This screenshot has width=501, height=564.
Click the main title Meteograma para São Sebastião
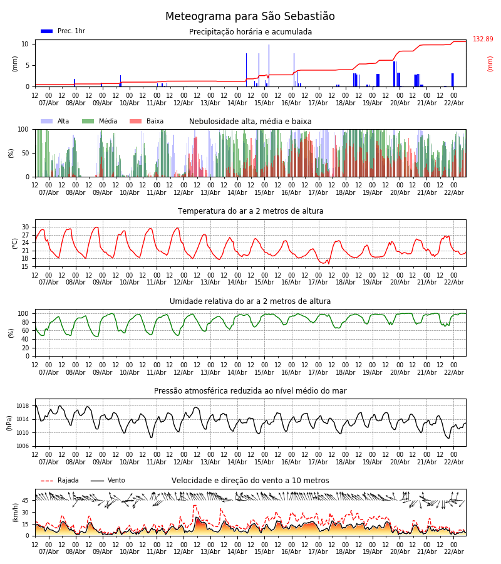click(250, 17)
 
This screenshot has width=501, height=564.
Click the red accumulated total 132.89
click(483, 39)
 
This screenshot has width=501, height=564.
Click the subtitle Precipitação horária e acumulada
click(250, 32)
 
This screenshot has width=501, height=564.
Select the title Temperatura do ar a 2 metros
click(250, 211)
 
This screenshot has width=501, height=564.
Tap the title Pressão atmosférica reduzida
click(250, 391)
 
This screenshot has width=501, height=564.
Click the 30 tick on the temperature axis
click(26, 227)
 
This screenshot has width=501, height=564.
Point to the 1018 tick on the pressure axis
click(23, 406)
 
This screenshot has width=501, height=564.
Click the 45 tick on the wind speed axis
click(26, 501)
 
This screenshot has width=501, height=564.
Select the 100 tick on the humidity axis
click(24, 313)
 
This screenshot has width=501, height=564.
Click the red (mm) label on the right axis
click(490, 63)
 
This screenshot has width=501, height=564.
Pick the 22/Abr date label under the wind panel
click(454, 552)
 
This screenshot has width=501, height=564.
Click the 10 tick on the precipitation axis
click(26, 44)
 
